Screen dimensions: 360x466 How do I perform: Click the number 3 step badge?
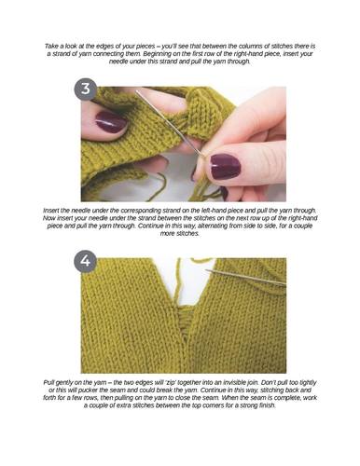pyautogui.click(x=86, y=89)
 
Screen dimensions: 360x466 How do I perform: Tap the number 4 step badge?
pyautogui.click(x=86, y=261)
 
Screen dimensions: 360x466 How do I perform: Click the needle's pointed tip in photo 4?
pyautogui.click(x=206, y=271)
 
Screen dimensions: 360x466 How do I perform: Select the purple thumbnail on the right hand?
pyautogui.click(x=226, y=166)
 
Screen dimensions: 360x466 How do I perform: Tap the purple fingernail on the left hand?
pyautogui.click(x=111, y=122)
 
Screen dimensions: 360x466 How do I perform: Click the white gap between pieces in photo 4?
pyautogui.click(x=193, y=282)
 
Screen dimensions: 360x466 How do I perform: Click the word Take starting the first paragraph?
pyautogui.click(x=51, y=47)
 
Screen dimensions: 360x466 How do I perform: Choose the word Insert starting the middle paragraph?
pyautogui.click(x=50, y=211)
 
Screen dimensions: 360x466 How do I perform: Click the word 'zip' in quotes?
pyautogui.click(x=169, y=382)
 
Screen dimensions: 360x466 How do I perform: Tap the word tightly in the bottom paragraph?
pyautogui.click(x=307, y=382)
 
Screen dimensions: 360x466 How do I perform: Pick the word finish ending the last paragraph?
pyautogui.click(x=268, y=405)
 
